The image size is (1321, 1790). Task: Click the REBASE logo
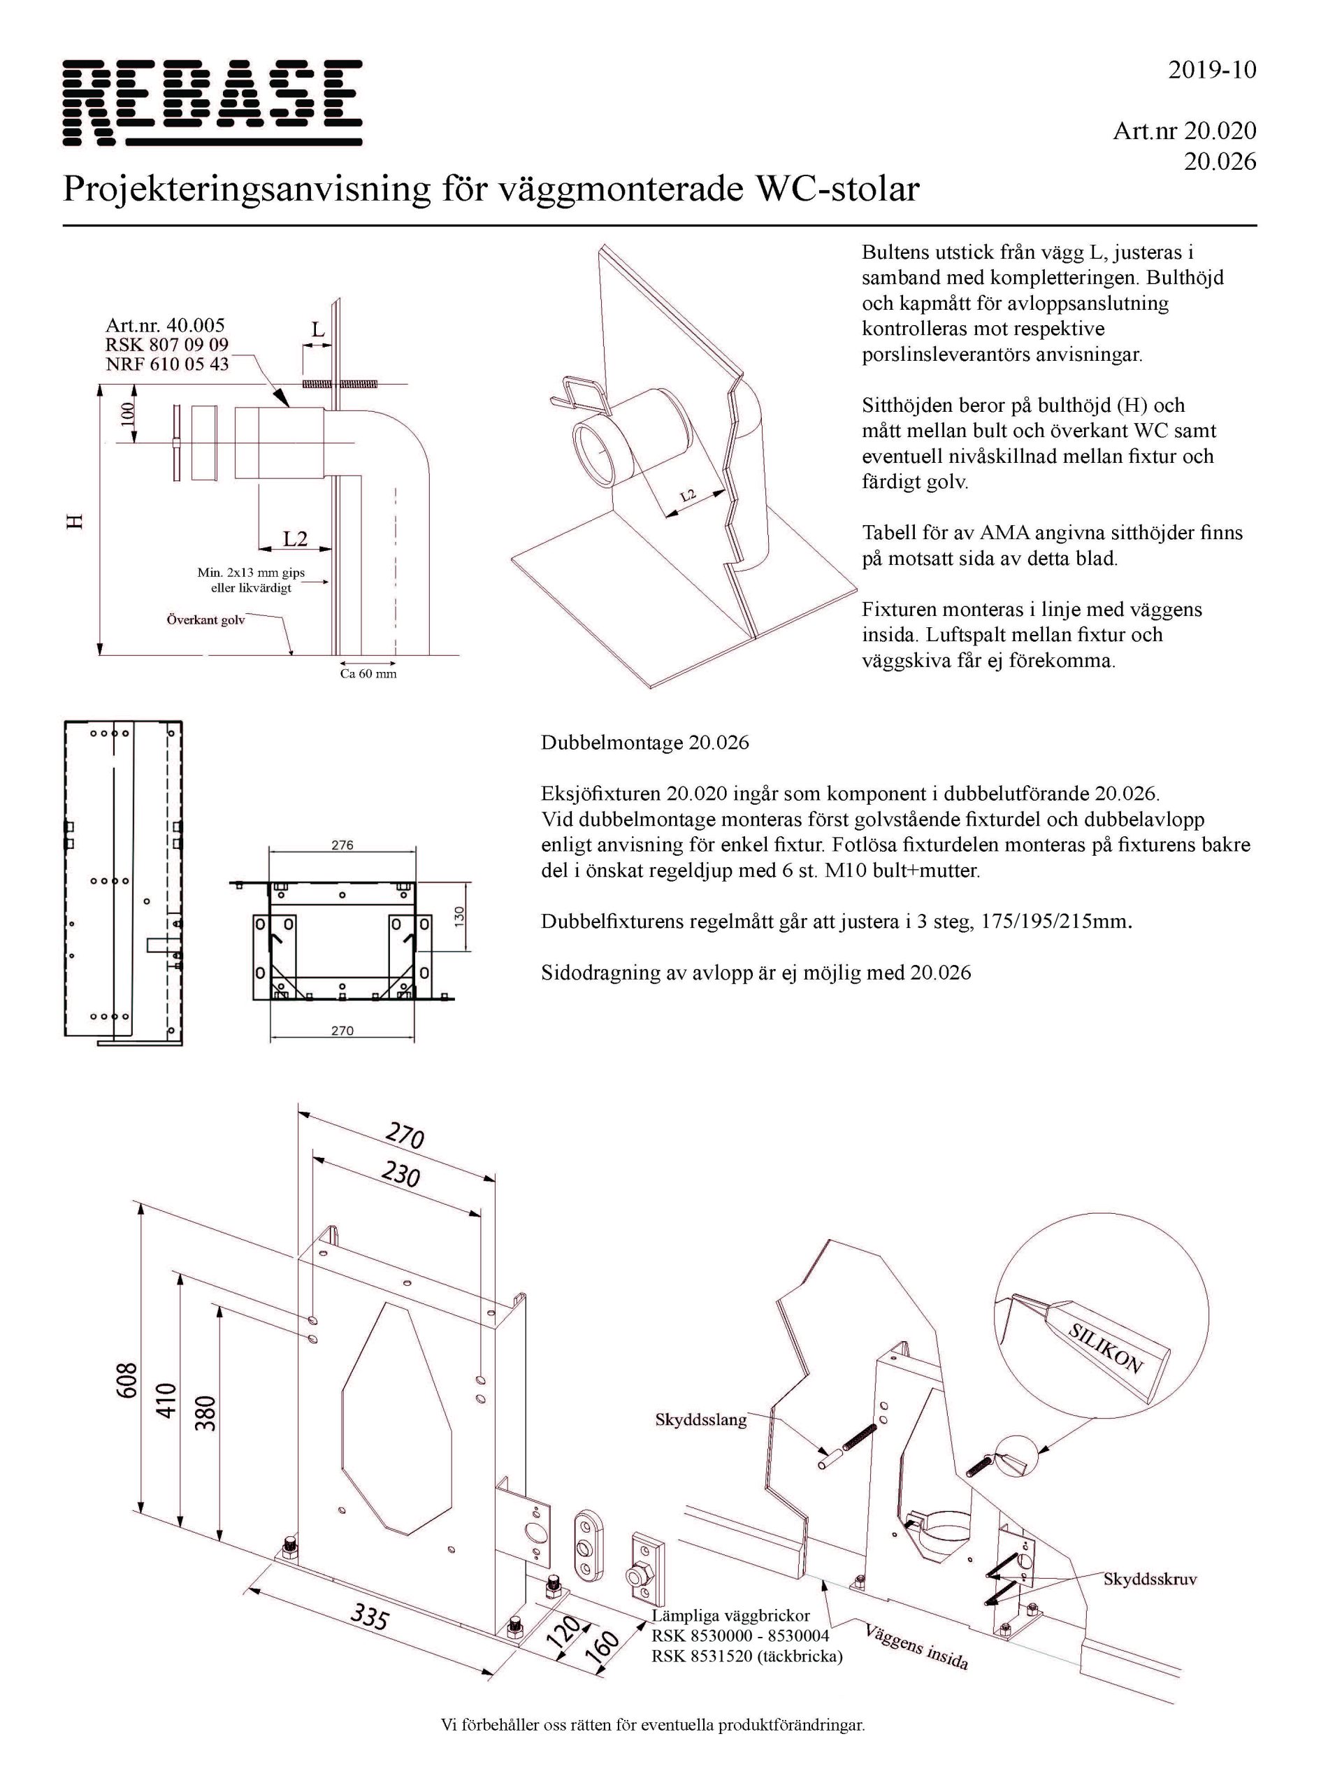(x=212, y=102)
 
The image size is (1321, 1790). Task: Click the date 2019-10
(x=1212, y=71)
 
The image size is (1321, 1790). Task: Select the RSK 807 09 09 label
(x=167, y=345)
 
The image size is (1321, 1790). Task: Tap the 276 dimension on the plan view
(x=342, y=845)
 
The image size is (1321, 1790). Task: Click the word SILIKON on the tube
(x=1106, y=1347)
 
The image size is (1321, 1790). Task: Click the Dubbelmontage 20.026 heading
(x=644, y=743)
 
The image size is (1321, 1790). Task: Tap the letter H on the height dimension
(x=74, y=522)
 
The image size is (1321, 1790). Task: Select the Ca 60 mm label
(x=368, y=673)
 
